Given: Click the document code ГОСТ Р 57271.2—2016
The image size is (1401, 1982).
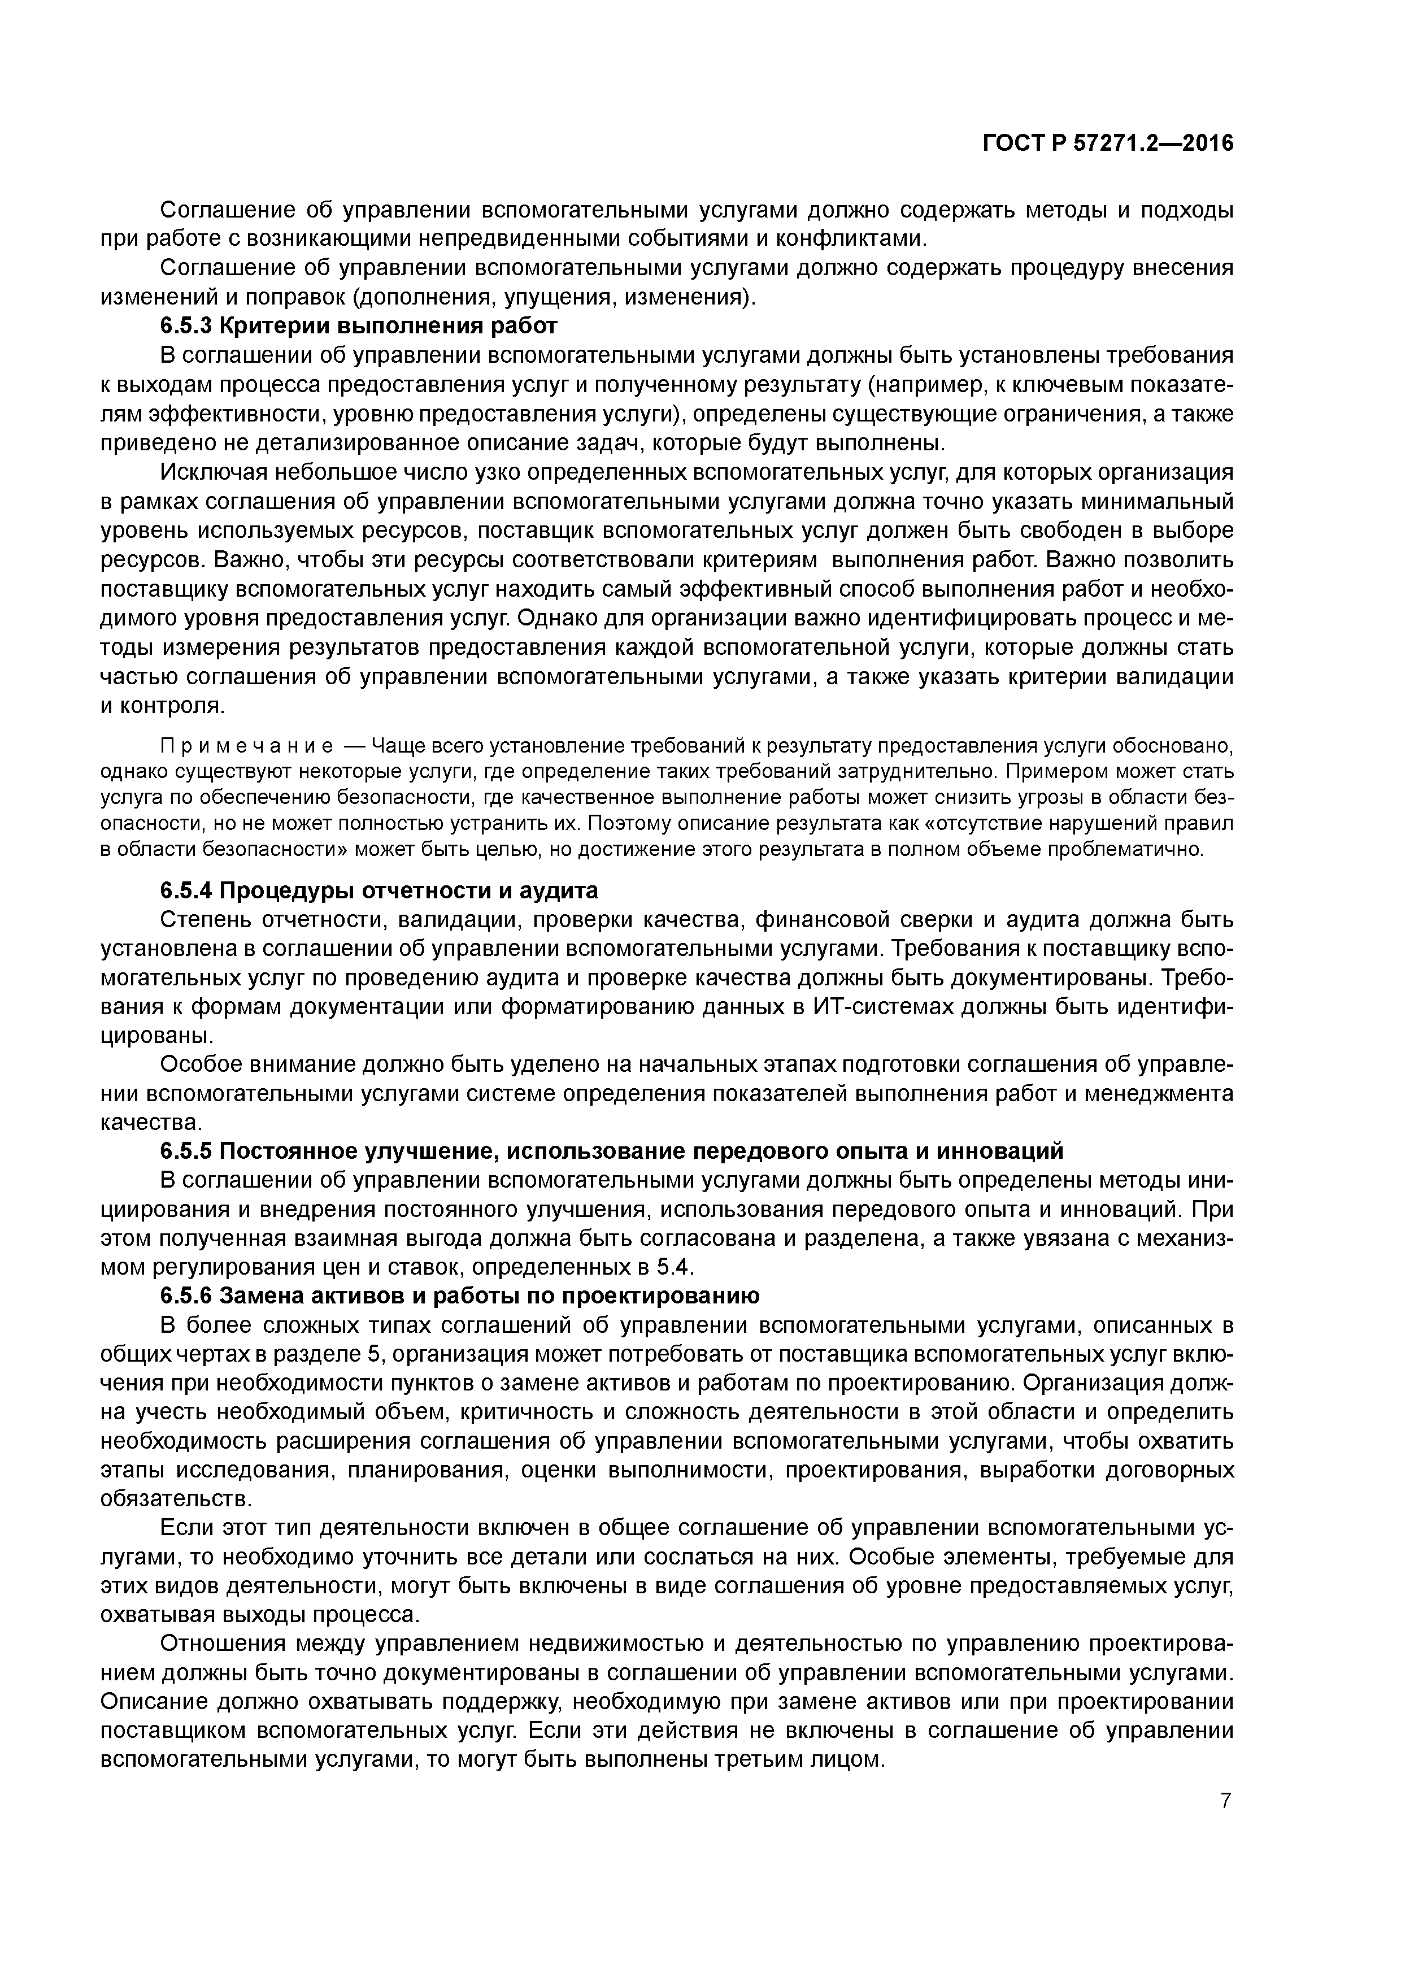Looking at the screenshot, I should coord(1108,144).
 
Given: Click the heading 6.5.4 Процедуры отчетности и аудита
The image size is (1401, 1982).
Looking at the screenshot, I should coord(379,890).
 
